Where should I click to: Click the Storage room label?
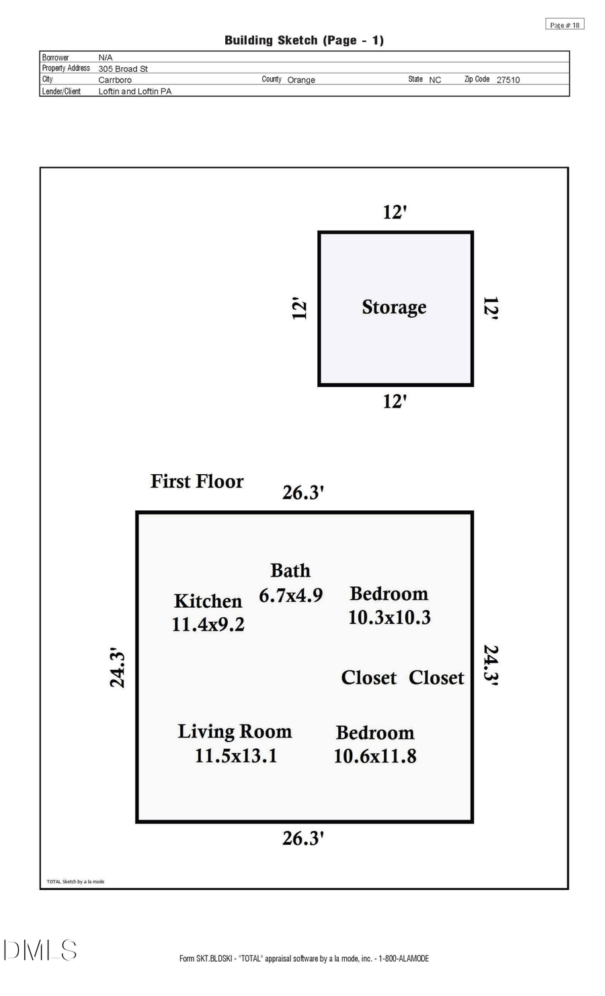(394, 308)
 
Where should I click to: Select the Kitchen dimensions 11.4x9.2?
(208, 625)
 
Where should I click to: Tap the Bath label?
(290, 571)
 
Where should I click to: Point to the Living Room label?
(235, 731)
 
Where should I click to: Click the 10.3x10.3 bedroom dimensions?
(389, 618)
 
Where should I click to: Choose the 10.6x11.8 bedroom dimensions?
(375, 756)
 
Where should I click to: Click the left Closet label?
(368, 678)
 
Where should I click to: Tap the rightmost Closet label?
(436, 678)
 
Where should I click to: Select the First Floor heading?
(197, 482)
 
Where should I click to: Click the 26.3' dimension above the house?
(303, 493)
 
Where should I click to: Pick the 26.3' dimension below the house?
(303, 838)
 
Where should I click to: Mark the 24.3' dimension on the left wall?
(118, 668)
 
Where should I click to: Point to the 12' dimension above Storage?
(395, 212)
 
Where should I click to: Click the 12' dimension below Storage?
(395, 402)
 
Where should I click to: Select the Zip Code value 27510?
(508, 80)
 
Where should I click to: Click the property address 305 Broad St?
(123, 69)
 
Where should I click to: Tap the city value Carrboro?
(115, 80)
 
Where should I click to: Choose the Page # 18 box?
(565, 25)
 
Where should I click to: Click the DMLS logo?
(40, 950)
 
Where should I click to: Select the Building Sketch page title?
(304, 40)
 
